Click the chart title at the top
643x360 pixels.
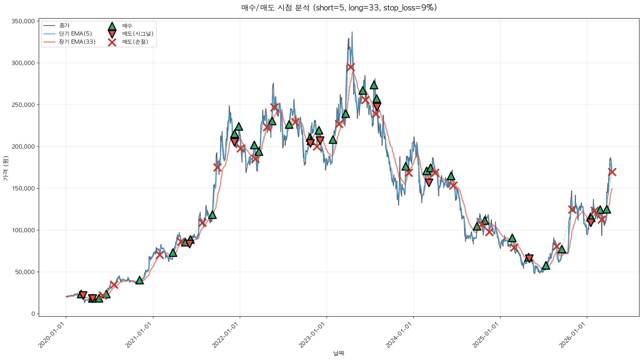339,8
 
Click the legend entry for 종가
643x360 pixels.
64,26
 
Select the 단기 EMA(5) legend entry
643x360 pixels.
75,34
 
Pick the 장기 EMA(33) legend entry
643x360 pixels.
77,42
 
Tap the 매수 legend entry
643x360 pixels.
127,26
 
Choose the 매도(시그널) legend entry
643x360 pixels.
138,34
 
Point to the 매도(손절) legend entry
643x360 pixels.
135,42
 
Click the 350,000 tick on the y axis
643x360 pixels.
23,21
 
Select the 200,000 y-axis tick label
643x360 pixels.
23,147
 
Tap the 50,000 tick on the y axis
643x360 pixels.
25,272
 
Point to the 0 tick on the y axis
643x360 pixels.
33,314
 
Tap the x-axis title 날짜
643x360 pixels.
339,353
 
